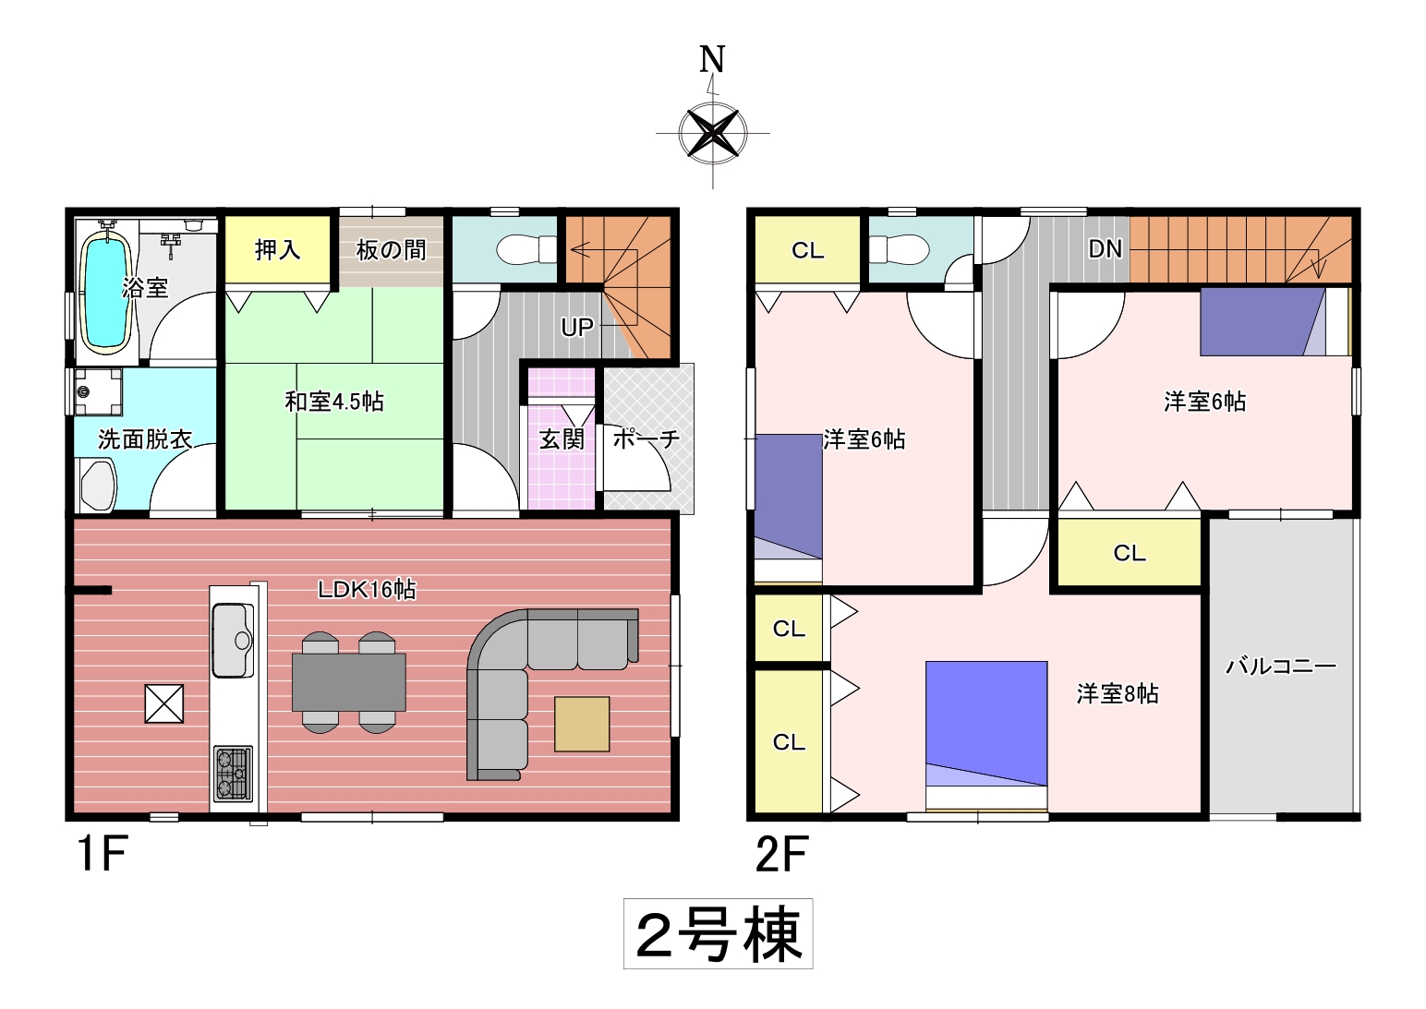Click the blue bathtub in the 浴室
point(106,292)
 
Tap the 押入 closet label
point(277,250)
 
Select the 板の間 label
point(391,250)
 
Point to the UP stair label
point(576,327)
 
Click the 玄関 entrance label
point(562,439)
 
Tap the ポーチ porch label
point(647,439)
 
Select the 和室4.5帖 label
point(333,402)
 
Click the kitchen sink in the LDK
point(233,640)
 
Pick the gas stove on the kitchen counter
point(233,773)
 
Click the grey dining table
point(349,682)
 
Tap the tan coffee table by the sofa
point(582,724)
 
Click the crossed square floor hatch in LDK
point(164,703)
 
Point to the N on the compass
point(712,59)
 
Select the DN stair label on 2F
point(1105,249)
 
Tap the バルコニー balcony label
point(1281,667)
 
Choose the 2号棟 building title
point(719,934)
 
